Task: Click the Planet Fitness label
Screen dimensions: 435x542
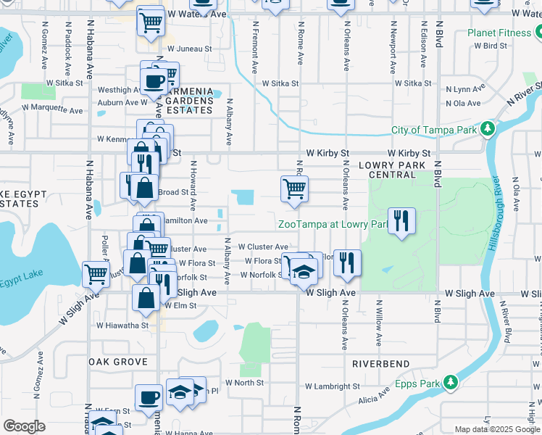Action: pos(499,33)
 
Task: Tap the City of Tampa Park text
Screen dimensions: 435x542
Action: pos(433,130)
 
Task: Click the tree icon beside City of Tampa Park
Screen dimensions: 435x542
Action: pos(488,129)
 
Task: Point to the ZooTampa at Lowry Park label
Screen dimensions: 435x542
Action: pos(330,224)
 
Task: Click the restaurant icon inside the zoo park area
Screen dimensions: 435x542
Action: pos(400,220)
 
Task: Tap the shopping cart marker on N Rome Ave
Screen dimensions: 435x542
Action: pos(294,189)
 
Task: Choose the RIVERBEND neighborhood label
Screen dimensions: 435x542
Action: pos(381,364)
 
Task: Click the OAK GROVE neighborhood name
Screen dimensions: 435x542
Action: pos(117,361)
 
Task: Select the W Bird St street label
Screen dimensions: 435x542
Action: pos(491,46)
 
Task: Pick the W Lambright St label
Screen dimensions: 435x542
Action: pos(333,386)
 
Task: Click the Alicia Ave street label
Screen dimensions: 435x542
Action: pos(375,399)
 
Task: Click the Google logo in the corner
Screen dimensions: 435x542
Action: pos(24,426)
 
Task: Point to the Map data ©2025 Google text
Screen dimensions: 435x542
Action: pos(496,429)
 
